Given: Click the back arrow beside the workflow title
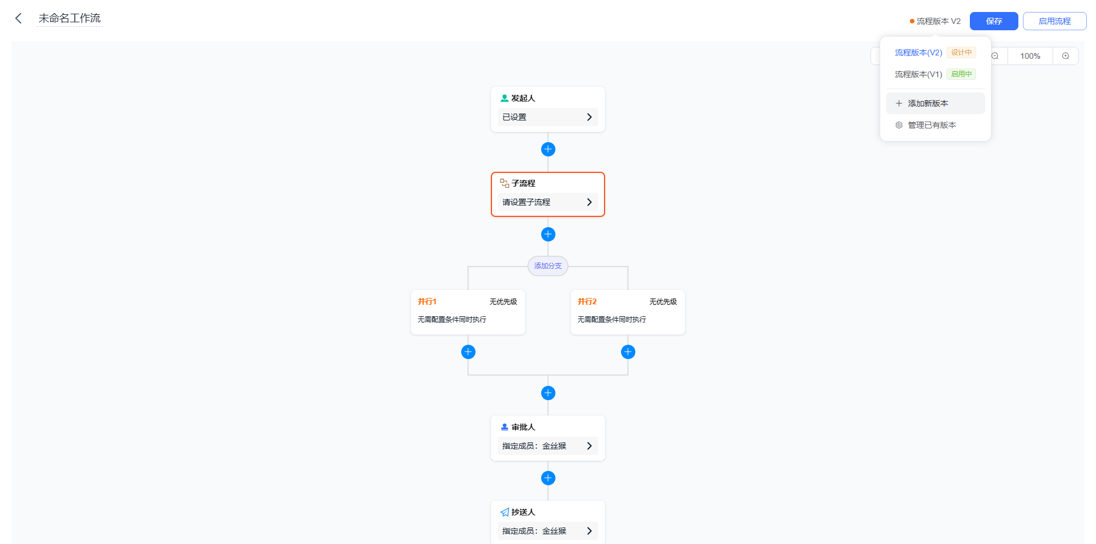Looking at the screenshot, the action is pyautogui.click(x=18, y=18).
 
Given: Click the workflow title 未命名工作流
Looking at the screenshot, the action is pyautogui.click(x=70, y=18).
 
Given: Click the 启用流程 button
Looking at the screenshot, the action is pyautogui.click(x=1054, y=21).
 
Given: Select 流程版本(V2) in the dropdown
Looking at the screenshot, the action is pyautogui.click(x=918, y=53).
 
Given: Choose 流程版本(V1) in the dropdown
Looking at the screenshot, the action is pyautogui.click(x=918, y=74).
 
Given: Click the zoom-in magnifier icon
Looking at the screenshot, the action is pyautogui.click(x=1065, y=56).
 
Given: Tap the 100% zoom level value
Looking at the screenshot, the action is pyautogui.click(x=1030, y=56).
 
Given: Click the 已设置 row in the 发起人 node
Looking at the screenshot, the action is pyautogui.click(x=547, y=117).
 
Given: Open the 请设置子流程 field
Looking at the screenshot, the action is pyautogui.click(x=547, y=202).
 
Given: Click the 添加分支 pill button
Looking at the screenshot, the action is pyautogui.click(x=548, y=266).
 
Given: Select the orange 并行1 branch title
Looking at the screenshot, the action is pyautogui.click(x=427, y=301).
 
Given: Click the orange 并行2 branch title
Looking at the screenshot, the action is pyautogui.click(x=587, y=301).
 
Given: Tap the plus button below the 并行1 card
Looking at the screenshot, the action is pyautogui.click(x=468, y=352).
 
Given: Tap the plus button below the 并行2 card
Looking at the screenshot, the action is pyautogui.click(x=628, y=352).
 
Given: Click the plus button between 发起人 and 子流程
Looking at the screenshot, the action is pyautogui.click(x=548, y=149).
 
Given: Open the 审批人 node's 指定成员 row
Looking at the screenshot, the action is pyautogui.click(x=547, y=446).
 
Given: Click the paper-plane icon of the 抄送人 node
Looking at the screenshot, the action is pyautogui.click(x=505, y=512).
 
